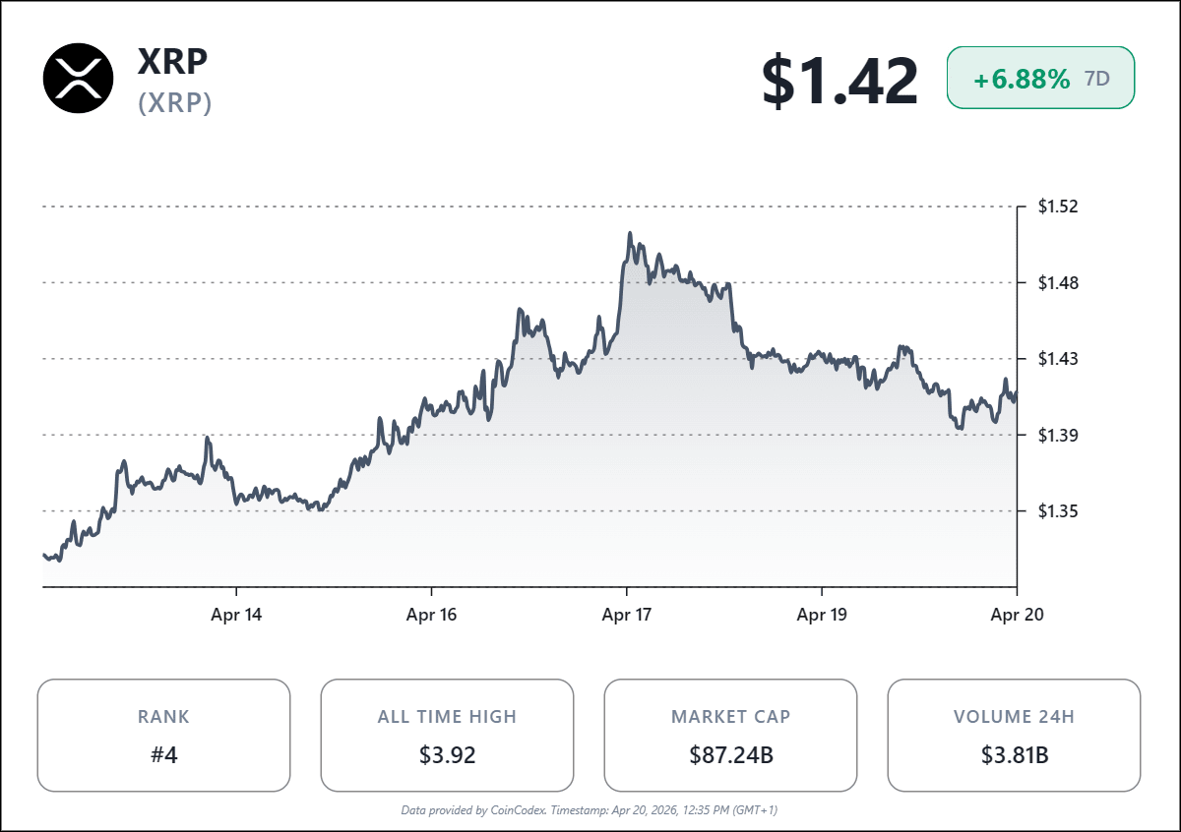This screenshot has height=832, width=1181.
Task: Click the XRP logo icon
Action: pyautogui.click(x=79, y=78)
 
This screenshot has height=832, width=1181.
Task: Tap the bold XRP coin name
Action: pyautogui.click(x=172, y=61)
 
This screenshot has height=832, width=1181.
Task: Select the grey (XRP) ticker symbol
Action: pyautogui.click(x=175, y=103)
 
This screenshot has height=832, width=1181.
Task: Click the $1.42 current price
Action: pyautogui.click(x=839, y=81)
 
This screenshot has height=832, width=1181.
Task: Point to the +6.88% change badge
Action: pyautogui.click(x=1040, y=78)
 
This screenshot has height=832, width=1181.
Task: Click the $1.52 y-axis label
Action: pyautogui.click(x=1059, y=207)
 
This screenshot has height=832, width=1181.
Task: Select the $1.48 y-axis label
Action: pyautogui.click(x=1059, y=283)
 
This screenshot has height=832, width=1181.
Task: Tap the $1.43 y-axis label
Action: pyautogui.click(x=1059, y=359)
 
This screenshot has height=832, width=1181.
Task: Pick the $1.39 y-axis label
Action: pyautogui.click(x=1059, y=435)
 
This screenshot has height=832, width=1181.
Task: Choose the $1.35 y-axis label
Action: pyautogui.click(x=1059, y=510)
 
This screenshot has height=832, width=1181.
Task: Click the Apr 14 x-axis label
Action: pyautogui.click(x=237, y=616)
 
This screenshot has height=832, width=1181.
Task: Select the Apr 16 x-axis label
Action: pyautogui.click(x=432, y=616)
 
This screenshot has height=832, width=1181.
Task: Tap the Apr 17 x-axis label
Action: pyautogui.click(x=627, y=616)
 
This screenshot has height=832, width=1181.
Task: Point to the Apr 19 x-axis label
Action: pyautogui.click(x=822, y=616)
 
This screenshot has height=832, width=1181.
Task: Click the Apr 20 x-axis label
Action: pyautogui.click(x=1017, y=616)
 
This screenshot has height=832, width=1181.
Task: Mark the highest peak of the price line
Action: pyautogui.click(x=630, y=234)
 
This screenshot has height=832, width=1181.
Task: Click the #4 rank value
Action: pyautogui.click(x=163, y=755)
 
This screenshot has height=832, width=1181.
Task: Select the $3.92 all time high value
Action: pyautogui.click(x=447, y=755)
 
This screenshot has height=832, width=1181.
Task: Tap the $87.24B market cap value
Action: pyautogui.click(x=730, y=755)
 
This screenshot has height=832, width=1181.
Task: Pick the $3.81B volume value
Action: pyautogui.click(x=1014, y=755)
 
